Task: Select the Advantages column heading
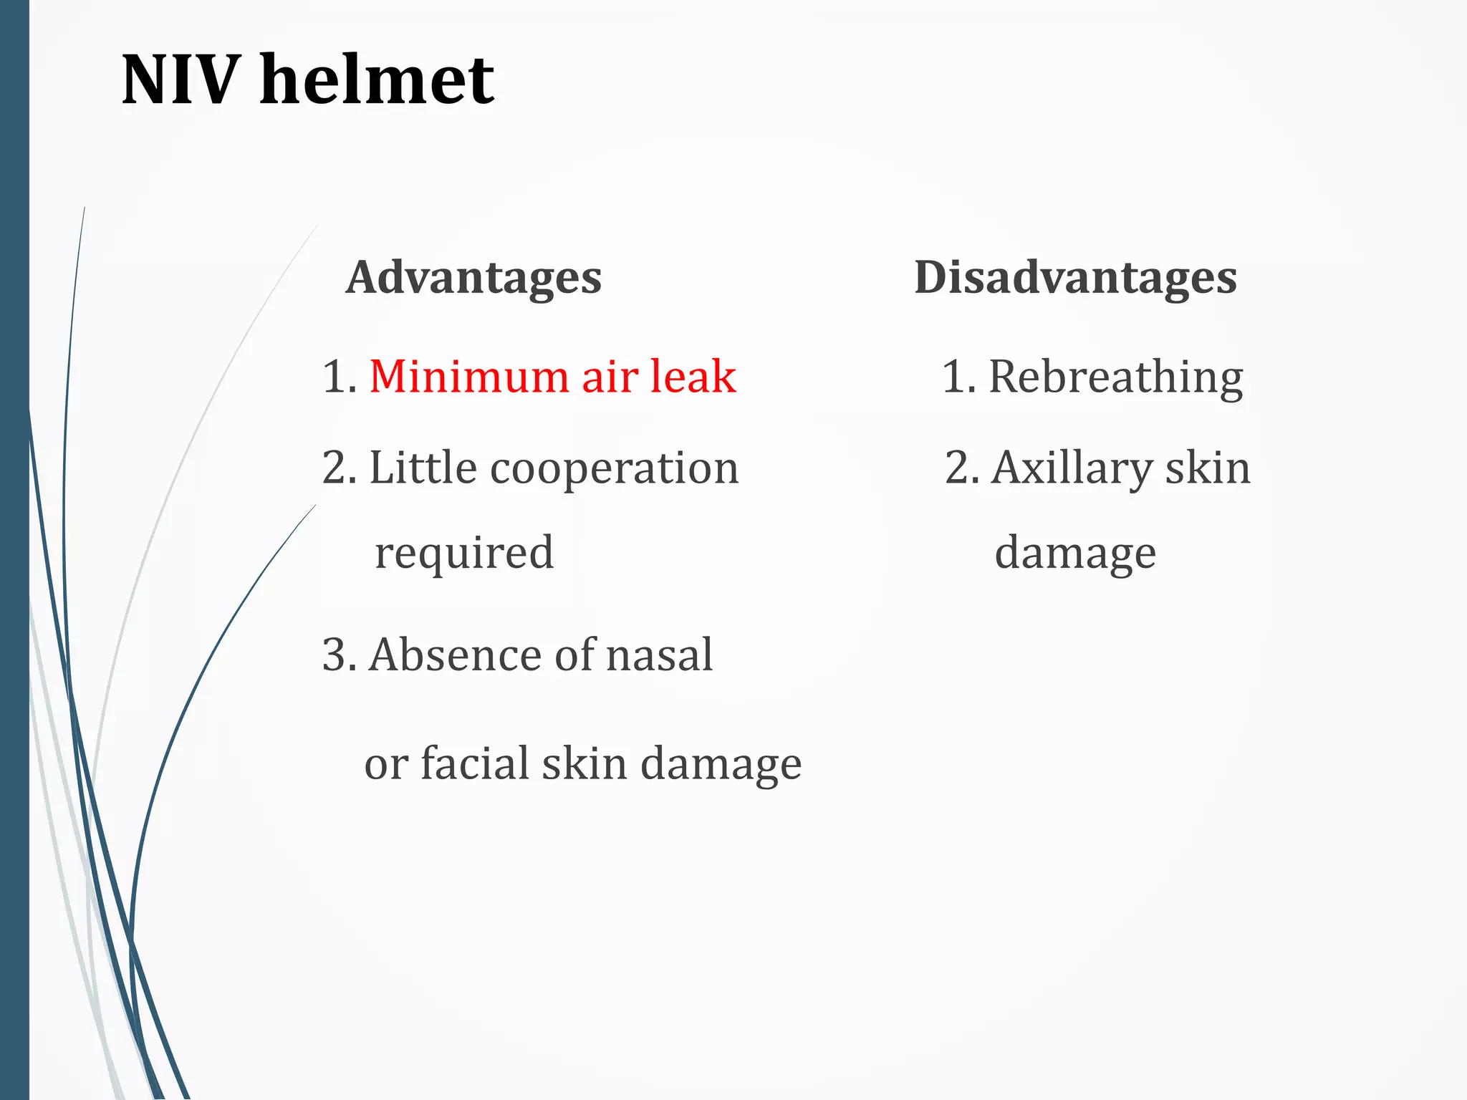[473, 278]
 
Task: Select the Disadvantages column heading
[1075, 278]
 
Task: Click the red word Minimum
[468, 377]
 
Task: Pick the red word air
[609, 377]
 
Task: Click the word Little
[423, 468]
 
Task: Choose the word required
[464, 553]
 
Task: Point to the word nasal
[659, 655]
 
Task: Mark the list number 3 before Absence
[335, 655]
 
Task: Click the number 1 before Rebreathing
[955, 377]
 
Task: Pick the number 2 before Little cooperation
[335, 468]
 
